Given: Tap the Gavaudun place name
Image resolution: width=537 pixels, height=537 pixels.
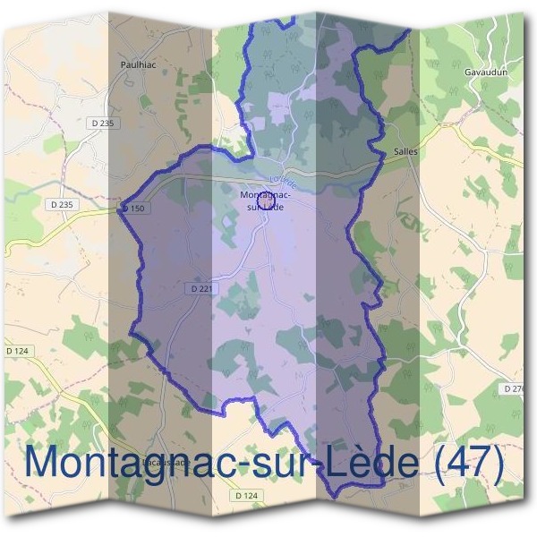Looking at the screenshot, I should [484, 71].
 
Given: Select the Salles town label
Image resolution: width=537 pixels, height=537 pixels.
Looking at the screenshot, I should [405, 152].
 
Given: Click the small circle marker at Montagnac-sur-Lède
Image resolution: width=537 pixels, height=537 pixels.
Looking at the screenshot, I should [265, 199].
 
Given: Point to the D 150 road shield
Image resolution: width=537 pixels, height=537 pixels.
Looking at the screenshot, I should [132, 209].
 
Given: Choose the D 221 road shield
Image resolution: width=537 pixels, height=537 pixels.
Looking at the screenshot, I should [200, 289].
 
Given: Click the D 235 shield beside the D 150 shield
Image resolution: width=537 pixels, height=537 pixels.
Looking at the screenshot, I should [61, 205].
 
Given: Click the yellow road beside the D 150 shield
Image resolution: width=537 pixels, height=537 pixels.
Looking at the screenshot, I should [89, 220].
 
